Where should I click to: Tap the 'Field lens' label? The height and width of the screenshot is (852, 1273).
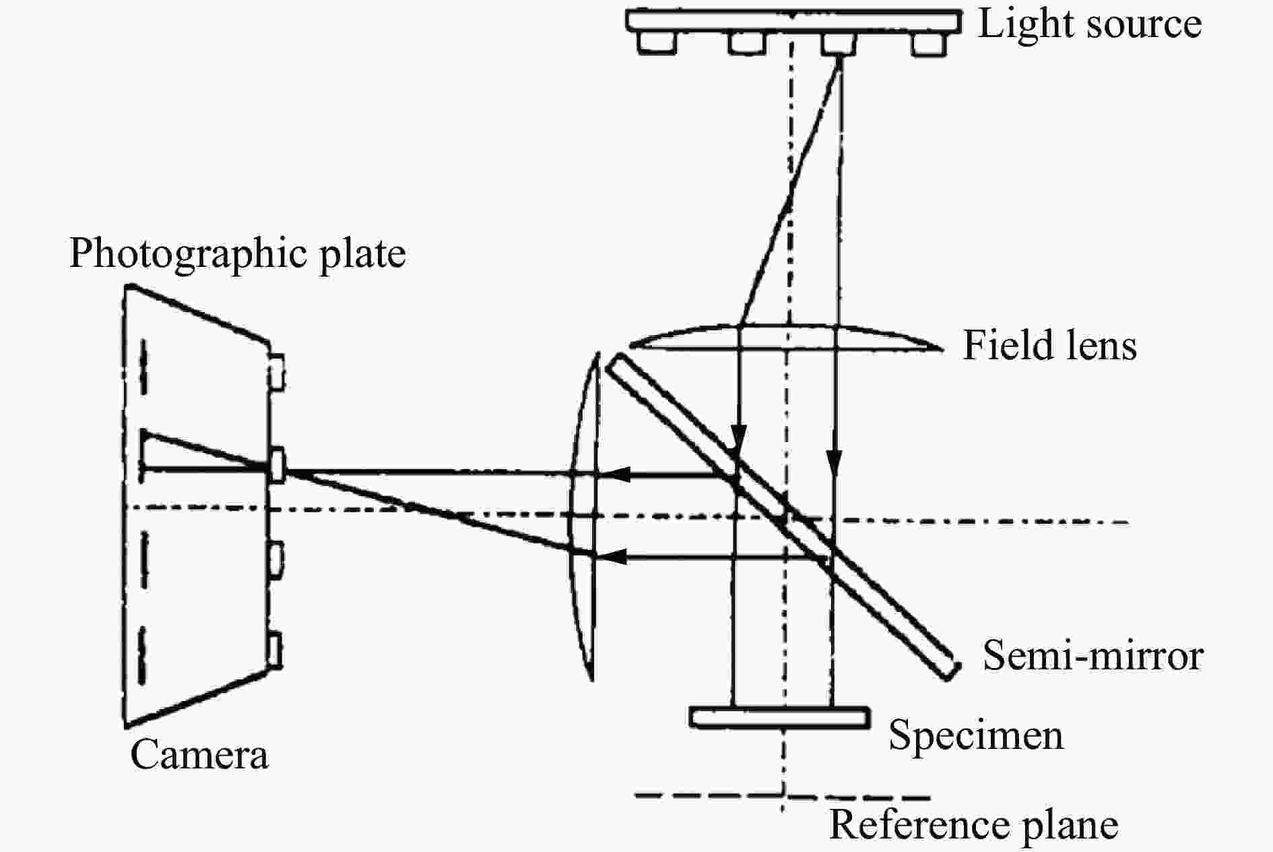click(1049, 345)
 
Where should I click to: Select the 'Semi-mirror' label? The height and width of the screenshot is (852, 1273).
click(1092, 655)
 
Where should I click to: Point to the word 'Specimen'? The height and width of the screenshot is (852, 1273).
click(976, 735)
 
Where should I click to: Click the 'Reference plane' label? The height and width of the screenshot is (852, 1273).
click(973, 824)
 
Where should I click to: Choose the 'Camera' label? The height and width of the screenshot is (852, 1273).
click(199, 754)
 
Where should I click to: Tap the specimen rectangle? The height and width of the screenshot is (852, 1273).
click(779, 717)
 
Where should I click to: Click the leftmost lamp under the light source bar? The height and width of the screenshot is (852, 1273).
click(656, 42)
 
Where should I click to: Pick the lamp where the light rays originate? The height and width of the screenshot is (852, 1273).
click(839, 43)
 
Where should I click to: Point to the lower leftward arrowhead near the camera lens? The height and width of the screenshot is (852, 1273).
click(614, 557)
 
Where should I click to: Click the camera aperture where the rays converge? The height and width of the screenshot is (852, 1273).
click(277, 464)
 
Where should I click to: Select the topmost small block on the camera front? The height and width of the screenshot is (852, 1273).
click(276, 371)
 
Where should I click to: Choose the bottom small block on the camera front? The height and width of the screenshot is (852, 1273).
click(275, 650)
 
